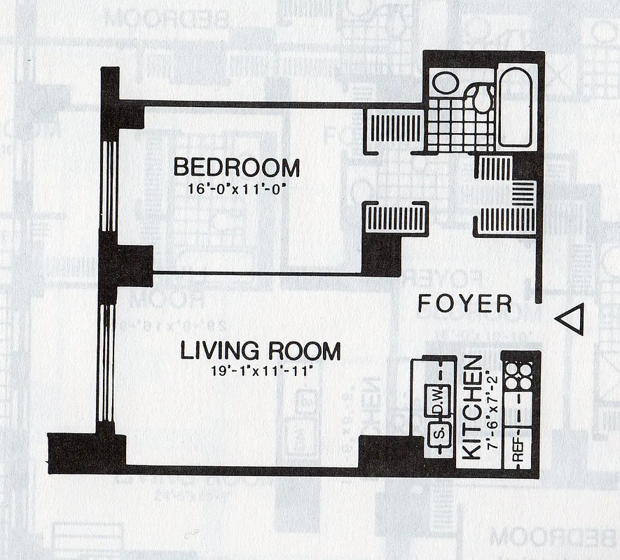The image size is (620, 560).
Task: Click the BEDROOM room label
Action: coord(236,168)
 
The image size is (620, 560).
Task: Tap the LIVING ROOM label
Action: coord(260,351)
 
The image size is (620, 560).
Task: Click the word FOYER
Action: coord(464,304)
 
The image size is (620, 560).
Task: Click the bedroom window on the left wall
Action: coord(109,185)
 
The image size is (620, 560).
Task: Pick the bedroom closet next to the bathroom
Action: coord(395,128)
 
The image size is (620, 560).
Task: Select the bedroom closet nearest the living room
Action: coord(396,218)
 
